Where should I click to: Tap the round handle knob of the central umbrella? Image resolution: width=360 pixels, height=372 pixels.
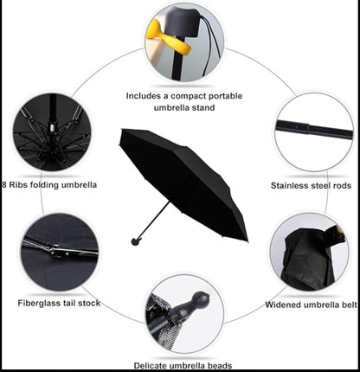(x=135, y=241)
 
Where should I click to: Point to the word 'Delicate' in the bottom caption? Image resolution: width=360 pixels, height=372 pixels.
(x=151, y=366)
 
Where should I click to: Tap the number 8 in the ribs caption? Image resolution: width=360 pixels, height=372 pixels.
(x=4, y=184)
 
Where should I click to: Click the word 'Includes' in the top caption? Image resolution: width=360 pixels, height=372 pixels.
(x=144, y=96)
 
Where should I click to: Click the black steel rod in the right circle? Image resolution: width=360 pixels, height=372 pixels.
(x=314, y=130)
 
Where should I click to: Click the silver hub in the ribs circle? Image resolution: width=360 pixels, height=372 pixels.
(x=52, y=127)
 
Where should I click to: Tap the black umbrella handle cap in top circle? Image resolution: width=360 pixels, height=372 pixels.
(x=183, y=21)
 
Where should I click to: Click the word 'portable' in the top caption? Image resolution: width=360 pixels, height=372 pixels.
(x=225, y=96)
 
